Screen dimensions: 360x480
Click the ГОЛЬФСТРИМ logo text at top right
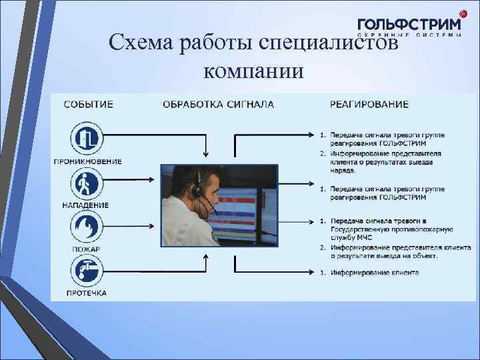[x=408, y=24]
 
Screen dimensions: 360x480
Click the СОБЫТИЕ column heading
[x=89, y=104]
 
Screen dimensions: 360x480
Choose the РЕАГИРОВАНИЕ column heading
[x=369, y=104]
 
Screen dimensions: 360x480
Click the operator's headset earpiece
[x=196, y=190]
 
